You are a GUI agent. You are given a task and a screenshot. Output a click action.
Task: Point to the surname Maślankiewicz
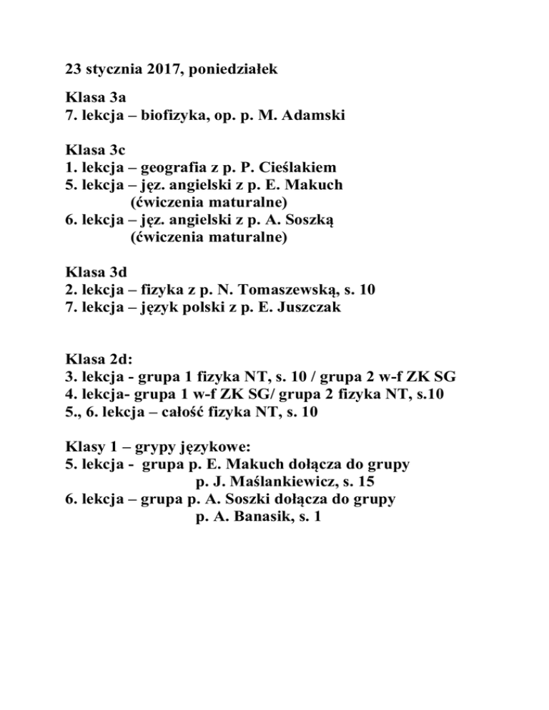(274, 481)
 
